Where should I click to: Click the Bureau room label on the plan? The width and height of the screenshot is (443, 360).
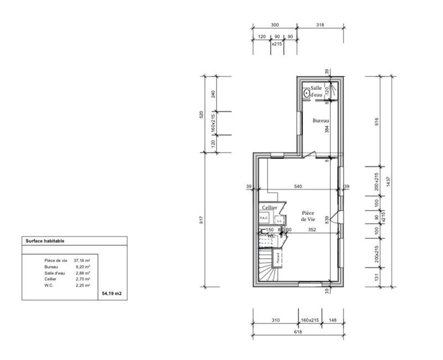[321, 121]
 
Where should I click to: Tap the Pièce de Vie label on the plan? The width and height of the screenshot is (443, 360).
[308, 216]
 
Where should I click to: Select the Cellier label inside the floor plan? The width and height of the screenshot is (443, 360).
[270, 207]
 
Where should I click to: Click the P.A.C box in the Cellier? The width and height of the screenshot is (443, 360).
[264, 218]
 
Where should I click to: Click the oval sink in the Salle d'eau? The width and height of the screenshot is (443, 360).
[305, 93]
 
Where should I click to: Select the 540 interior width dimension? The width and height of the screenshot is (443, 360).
[298, 187]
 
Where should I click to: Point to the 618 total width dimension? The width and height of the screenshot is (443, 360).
[297, 332]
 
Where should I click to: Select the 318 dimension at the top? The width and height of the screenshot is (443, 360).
[320, 25]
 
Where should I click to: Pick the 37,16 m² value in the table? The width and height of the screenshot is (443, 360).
[82, 260]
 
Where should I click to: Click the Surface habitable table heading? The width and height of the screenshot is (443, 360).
[45, 241]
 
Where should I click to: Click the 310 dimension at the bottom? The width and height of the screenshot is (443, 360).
[276, 320]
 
